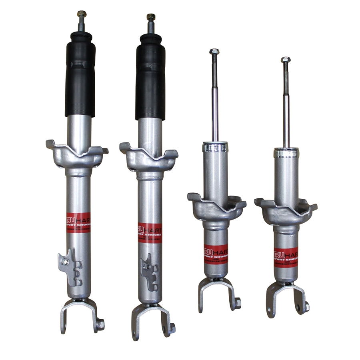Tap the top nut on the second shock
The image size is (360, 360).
[151, 17]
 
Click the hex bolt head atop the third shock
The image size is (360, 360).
[214, 52]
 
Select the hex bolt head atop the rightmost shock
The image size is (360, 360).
[285, 60]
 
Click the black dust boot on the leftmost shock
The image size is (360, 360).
[80, 76]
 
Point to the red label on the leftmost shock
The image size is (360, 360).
[78, 224]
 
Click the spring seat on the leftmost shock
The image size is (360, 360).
[76, 154]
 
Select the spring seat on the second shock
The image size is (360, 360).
[148, 158]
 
